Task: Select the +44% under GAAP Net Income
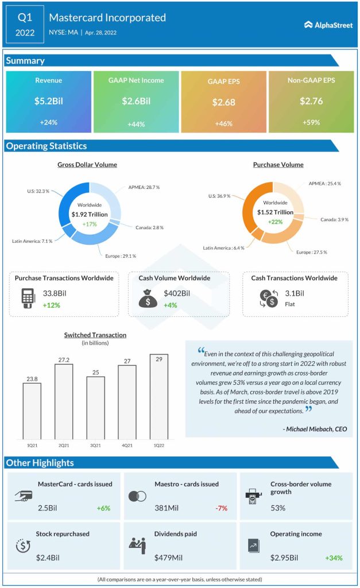click(x=136, y=124)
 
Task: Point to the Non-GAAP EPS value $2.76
click(x=311, y=101)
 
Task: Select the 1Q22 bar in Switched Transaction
click(x=159, y=396)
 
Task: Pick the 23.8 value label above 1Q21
click(x=32, y=378)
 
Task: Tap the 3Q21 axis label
click(x=95, y=445)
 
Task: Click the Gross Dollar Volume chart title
click(x=87, y=165)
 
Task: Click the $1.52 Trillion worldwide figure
click(x=275, y=212)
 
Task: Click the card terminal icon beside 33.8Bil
click(x=26, y=298)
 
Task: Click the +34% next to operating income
click(x=335, y=558)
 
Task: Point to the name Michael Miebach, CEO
click(x=315, y=428)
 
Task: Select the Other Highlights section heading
click(x=40, y=463)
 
